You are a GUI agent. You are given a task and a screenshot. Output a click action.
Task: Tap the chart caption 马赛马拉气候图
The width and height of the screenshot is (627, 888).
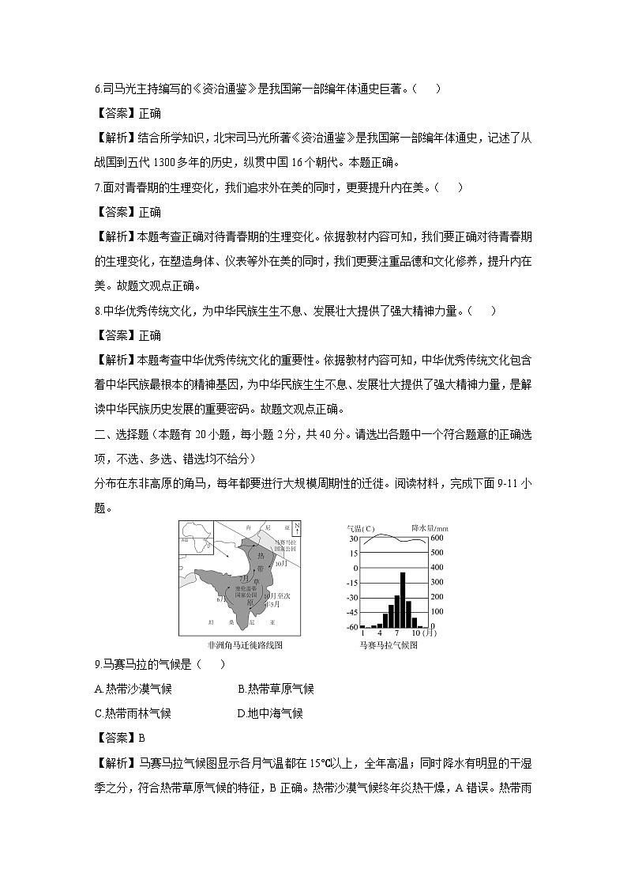click(388, 644)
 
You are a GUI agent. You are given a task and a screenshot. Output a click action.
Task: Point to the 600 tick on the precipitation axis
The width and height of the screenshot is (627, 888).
click(437, 538)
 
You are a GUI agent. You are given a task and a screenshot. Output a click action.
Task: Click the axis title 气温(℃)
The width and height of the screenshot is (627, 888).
click(361, 528)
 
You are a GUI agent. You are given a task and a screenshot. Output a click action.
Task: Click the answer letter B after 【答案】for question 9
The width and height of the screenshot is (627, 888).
click(142, 739)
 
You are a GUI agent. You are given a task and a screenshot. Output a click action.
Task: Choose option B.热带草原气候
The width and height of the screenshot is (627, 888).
click(276, 689)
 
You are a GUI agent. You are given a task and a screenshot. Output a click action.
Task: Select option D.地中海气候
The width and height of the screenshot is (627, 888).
click(270, 713)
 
